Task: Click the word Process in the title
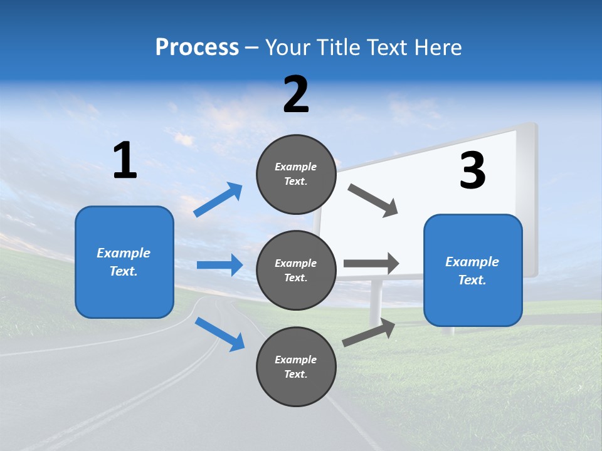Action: tap(197, 47)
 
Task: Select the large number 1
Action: tap(125, 161)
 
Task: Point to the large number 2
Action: tap(296, 95)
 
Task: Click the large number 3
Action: tap(472, 170)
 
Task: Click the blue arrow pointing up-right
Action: tap(218, 200)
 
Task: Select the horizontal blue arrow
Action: tap(219, 265)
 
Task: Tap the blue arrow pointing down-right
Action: tap(219, 333)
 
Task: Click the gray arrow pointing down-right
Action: tap(373, 200)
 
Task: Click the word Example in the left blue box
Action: tap(124, 253)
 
